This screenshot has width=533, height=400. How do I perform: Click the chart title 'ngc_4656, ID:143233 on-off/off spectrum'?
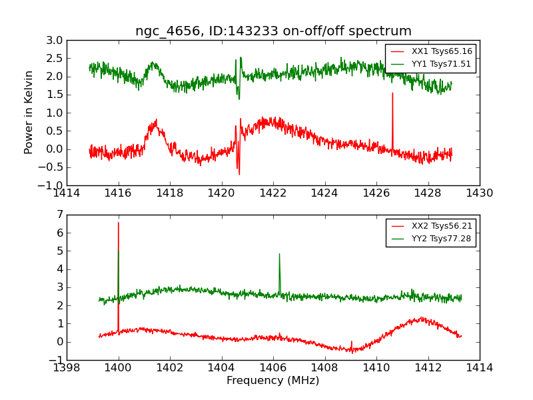click(273, 31)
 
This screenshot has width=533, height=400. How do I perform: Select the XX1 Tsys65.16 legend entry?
click(432, 51)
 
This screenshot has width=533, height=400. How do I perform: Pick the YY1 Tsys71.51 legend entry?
click(432, 64)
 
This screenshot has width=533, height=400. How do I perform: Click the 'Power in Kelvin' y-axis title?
click(29, 113)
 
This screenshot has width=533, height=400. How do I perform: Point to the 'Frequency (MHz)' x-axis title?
click(273, 381)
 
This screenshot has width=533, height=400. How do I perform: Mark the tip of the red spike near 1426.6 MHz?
click(392, 93)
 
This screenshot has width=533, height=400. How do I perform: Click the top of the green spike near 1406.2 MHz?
click(279, 254)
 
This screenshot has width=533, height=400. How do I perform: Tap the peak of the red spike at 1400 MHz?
click(119, 223)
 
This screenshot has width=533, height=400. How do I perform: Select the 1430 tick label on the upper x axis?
click(480, 193)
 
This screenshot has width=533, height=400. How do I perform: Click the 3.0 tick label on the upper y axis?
click(55, 41)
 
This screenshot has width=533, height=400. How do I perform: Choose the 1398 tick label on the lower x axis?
click(67, 368)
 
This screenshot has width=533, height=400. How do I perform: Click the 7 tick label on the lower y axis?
click(60, 215)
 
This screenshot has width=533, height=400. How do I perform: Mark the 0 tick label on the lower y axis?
click(60, 342)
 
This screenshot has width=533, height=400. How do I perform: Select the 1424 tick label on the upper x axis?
click(324, 193)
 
